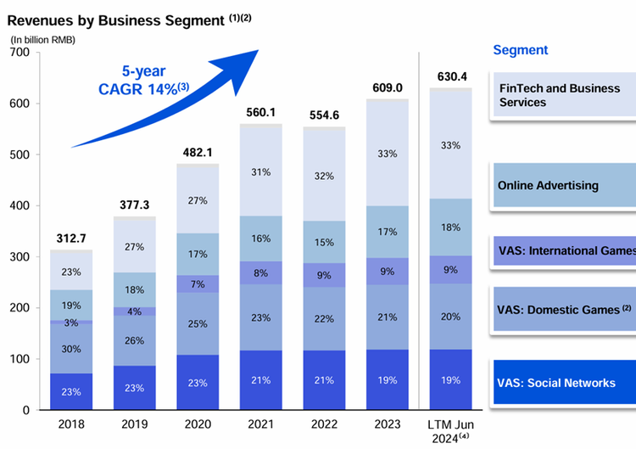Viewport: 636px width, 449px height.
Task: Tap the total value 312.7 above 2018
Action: click(71, 238)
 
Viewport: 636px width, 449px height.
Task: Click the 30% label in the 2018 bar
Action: click(71, 348)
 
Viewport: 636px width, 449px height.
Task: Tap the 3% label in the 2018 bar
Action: click(71, 323)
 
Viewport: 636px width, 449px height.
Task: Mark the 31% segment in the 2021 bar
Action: click(261, 172)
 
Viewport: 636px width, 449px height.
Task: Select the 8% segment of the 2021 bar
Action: click(261, 272)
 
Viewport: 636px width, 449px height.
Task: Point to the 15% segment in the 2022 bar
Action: click(324, 242)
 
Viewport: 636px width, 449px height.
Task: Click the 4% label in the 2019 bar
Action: click(135, 311)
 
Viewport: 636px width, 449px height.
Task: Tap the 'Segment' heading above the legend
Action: click(521, 50)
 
